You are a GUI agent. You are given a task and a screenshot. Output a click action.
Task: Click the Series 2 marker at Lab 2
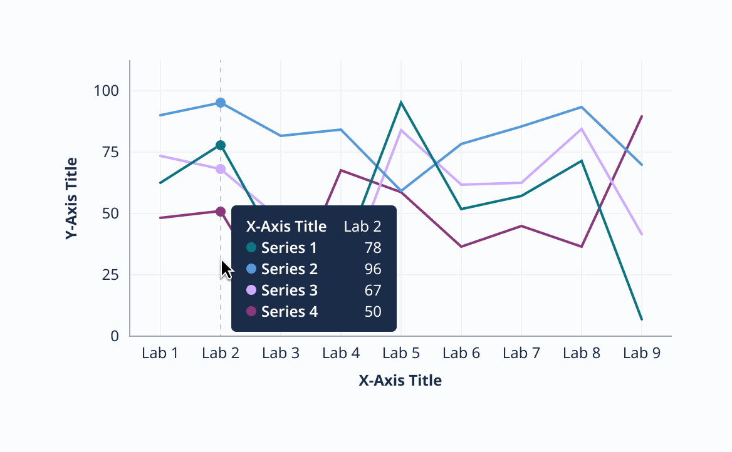tap(221, 103)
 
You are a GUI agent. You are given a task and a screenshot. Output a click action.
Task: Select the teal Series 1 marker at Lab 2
tap(221, 145)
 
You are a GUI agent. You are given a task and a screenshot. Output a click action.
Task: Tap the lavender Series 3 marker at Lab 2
tap(221, 169)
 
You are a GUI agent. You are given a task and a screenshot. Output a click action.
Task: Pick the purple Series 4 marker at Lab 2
tap(221, 212)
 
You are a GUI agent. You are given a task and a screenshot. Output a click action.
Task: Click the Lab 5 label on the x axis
tap(401, 353)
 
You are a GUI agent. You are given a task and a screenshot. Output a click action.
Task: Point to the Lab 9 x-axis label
tap(642, 353)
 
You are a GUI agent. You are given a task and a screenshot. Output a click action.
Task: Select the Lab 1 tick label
tap(160, 353)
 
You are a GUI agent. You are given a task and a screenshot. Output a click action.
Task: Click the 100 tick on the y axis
tap(107, 91)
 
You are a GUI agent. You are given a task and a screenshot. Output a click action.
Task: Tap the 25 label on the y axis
tap(110, 275)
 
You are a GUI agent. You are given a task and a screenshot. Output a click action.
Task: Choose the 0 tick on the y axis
tap(115, 336)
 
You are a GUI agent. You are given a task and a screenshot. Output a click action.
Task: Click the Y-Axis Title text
tap(71, 198)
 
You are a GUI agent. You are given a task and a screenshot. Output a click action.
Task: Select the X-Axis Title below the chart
tap(400, 380)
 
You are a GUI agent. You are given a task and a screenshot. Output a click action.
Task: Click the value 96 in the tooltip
tap(373, 269)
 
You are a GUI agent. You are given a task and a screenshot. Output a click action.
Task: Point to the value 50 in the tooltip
tap(373, 312)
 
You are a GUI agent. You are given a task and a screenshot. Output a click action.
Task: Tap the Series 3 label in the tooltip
tap(290, 290)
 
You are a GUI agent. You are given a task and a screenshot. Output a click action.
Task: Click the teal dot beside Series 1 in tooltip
tap(251, 248)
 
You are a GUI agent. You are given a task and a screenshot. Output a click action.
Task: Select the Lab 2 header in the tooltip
tap(362, 227)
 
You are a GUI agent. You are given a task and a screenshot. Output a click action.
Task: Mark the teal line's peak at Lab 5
tap(401, 102)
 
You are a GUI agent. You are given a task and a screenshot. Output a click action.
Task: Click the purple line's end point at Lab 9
tap(642, 116)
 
